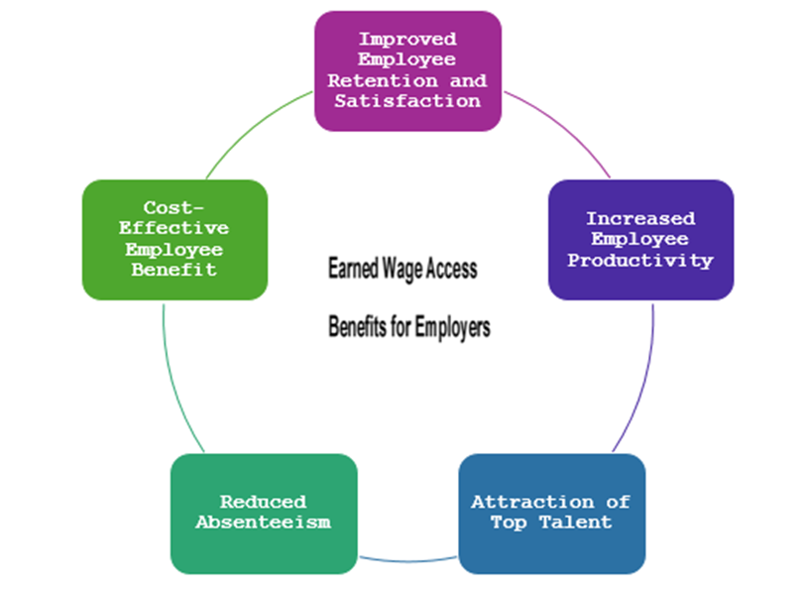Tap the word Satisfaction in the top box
click(407, 100)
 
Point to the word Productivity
click(639, 261)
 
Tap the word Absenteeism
click(263, 522)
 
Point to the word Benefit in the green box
click(174, 270)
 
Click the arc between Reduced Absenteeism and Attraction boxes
click(407, 563)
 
